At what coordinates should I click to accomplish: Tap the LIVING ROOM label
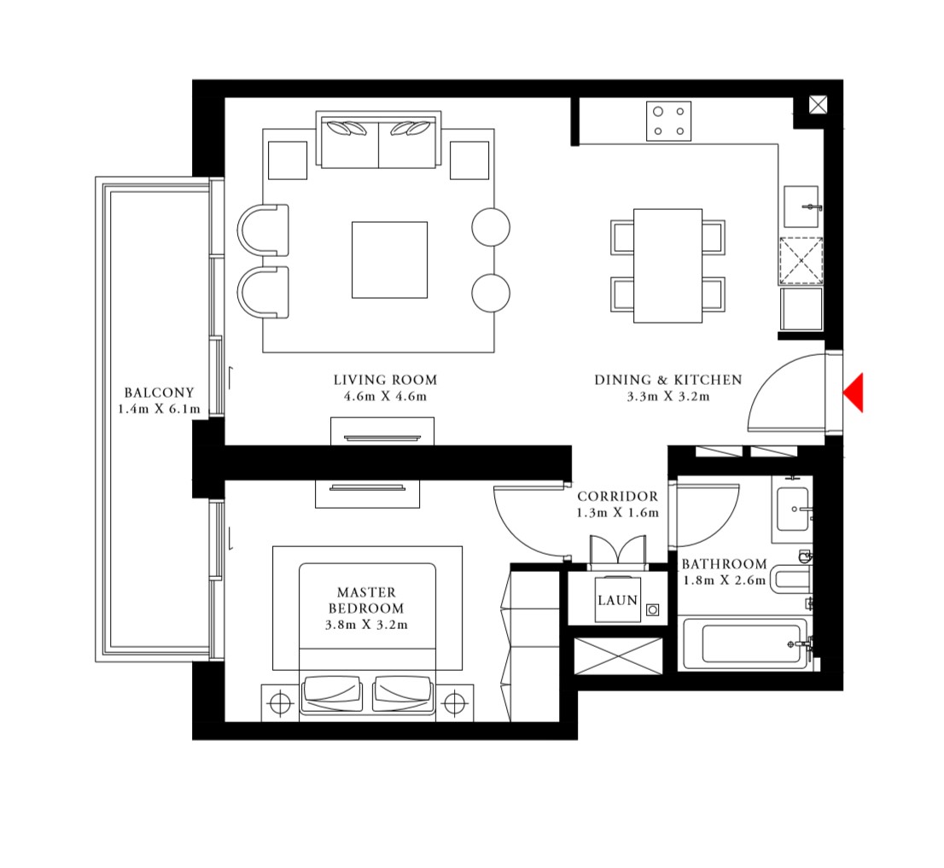(x=385, y=380)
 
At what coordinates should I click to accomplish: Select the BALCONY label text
(x=159, y=393)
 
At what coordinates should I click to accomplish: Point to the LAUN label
(x=617, y=600)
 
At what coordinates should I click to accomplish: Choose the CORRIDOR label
(x=617, y=497)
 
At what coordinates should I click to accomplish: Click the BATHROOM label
(x=724, y=564)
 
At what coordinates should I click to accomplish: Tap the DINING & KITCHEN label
(x=668, y=380)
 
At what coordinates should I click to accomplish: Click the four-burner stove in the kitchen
(x=668, y=120)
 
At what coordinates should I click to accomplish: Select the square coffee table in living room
(x=389, y=259)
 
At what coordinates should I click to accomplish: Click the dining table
(x=667, y=265)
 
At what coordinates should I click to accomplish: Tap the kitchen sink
(x=801, y=207)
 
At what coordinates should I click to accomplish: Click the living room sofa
(x=378, y=140)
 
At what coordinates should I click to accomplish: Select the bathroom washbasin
(x=793, y=510)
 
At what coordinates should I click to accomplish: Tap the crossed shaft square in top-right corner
(x=818, y=105)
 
